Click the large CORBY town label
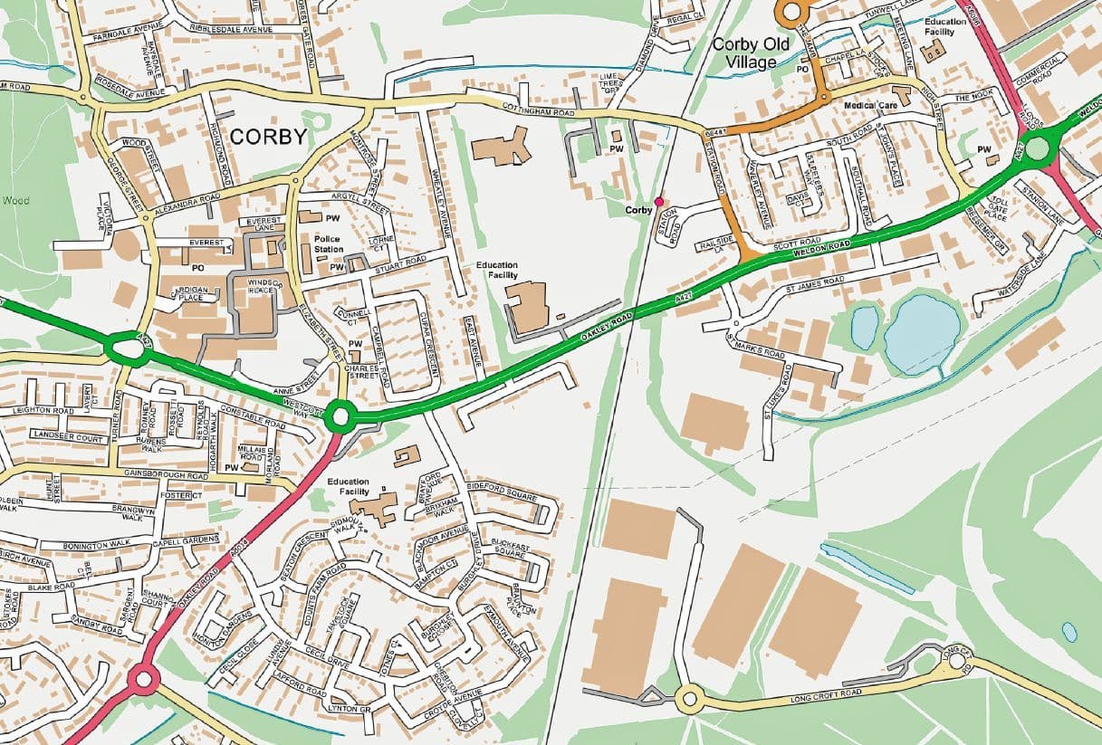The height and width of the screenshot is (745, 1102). coord(268,137)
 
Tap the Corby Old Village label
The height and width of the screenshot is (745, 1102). coord(751,53)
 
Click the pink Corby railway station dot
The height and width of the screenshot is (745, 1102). coord(659,201)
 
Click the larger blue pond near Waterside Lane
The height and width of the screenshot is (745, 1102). coord(922,334)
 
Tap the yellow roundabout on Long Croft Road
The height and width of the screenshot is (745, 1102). coord(690,699)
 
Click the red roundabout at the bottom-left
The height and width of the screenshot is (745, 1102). coord(143,679)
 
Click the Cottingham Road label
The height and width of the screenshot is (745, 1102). coord(539,111)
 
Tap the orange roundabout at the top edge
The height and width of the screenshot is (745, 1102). coord(791,12)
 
